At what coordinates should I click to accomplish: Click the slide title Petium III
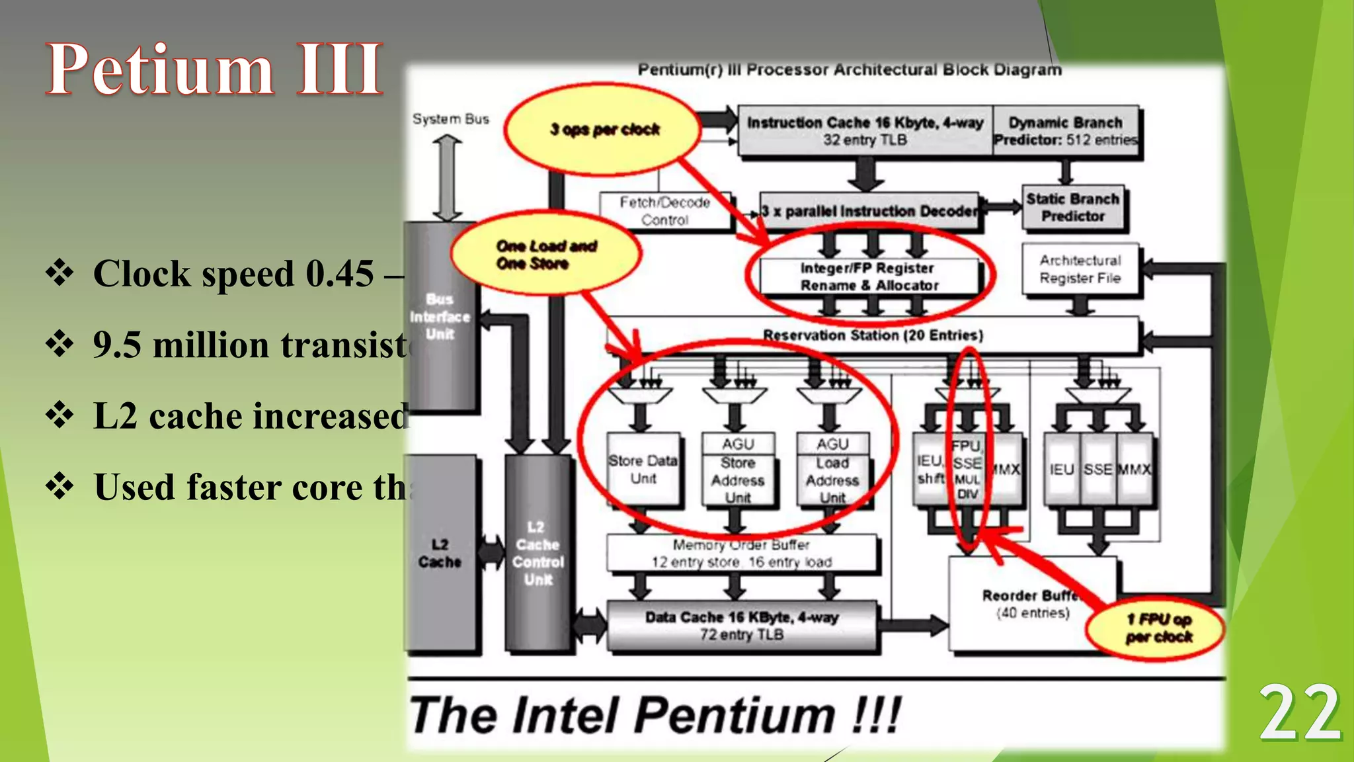coord(215,69)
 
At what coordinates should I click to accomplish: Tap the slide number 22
coord(1300,713)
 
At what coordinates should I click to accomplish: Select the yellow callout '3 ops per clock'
coord(603,130)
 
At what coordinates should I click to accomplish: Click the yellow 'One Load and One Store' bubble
coord(546,255)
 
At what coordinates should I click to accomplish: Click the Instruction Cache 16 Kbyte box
coord(865,131)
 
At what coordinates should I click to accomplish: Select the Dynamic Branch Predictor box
coord(1066,131)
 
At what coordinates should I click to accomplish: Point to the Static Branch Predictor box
coord(1072,208)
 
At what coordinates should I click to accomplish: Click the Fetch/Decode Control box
coord(665,211)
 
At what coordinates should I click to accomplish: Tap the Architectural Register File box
coord(1080,269)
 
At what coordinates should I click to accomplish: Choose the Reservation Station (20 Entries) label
coord(873,335)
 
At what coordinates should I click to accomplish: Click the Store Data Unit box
coord(643,469)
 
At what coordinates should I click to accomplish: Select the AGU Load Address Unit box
coord(832,470)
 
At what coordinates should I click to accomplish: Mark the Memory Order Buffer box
coord(742,554)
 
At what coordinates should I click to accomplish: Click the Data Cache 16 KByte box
coord(742,626)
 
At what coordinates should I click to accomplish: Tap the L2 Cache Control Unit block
coord(538,554)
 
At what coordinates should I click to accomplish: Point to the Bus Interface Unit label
coord(440,316)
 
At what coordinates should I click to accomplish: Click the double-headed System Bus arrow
coord(448,177)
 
